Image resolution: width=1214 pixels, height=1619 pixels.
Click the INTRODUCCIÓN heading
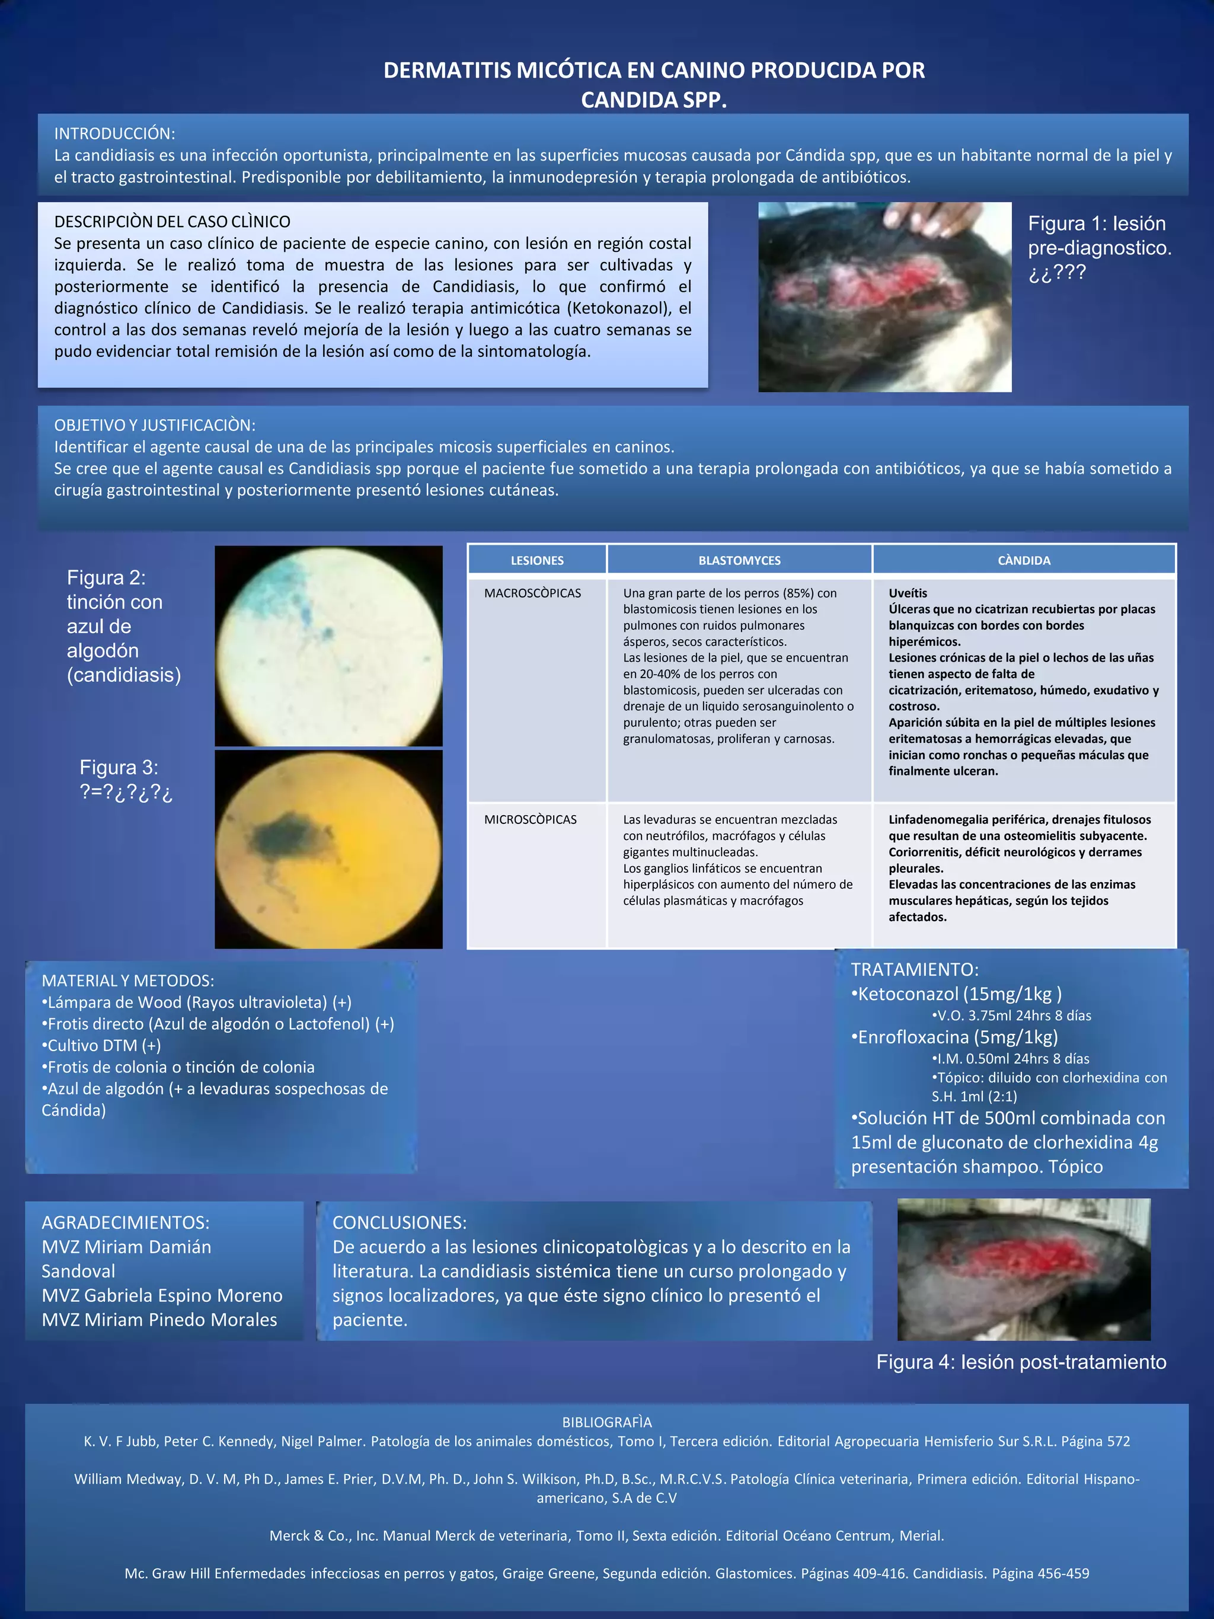tap(114, 133)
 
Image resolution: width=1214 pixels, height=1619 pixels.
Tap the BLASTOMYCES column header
tap(739, 561)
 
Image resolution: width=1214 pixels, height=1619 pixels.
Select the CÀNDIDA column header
tap(1024, 561)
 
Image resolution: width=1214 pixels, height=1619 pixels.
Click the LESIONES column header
tap(537, 561)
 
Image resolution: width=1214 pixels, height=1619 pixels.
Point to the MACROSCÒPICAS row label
tap(532, 593)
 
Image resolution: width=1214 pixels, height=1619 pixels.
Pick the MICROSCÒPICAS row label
tap(530, 820)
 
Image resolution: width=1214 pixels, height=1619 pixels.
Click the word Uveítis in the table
tap(908, 593)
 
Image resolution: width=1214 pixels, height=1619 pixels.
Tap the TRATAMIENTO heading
tap(914, 970)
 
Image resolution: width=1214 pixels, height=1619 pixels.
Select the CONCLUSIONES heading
tap(399, 1222)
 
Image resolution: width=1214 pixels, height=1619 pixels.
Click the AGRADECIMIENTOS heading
tap(125, 1222)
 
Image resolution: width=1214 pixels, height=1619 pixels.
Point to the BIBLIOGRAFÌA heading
tap(606, 1422)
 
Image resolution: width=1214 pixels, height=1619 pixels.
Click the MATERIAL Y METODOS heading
tap(127, 981)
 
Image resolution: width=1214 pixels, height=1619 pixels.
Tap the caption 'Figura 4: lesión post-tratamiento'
tap(1021, 1362)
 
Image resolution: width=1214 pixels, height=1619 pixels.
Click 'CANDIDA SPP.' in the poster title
tap(653, 100)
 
